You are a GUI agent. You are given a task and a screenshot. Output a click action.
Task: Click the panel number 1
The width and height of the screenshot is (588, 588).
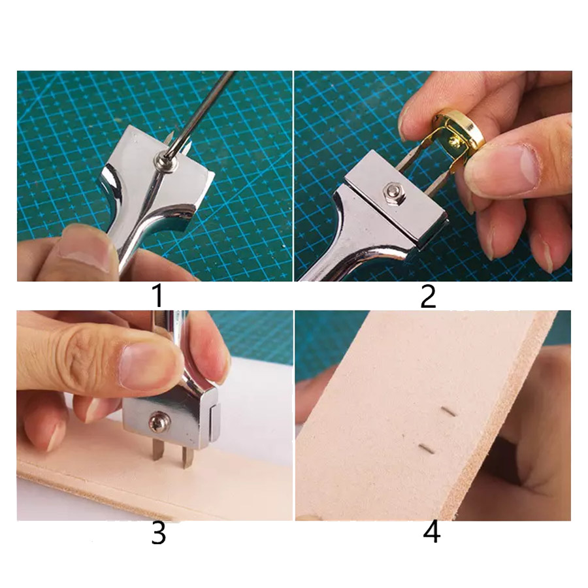pos(158,296)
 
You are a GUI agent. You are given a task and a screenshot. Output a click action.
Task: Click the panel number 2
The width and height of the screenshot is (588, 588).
pos(428,296)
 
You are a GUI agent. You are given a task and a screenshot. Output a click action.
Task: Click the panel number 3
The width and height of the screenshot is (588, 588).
pos(158,533)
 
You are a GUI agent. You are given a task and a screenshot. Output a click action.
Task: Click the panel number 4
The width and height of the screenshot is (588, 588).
pos(432,532)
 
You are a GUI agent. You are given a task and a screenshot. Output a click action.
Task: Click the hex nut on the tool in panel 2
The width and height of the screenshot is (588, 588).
pos(393,193)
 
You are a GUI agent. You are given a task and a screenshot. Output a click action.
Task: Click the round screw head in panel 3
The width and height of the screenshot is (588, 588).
pos(160,422)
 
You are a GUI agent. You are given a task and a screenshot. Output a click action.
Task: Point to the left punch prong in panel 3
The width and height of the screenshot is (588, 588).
pos(157,450)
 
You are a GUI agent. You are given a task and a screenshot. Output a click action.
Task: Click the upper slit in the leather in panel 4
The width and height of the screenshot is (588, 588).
pos(448,412)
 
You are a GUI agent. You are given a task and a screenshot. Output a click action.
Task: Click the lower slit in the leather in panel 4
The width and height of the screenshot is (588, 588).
pos(427,448)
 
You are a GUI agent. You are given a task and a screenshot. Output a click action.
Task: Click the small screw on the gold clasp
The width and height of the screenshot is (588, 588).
pos(455,141)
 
